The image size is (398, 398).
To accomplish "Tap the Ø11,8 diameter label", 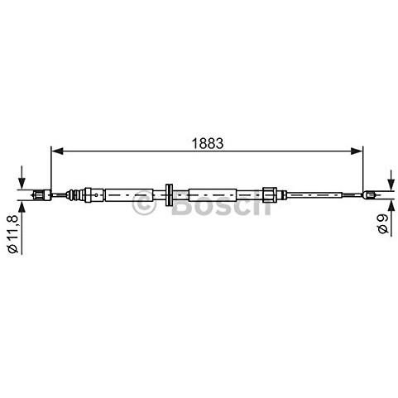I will pos(13,234).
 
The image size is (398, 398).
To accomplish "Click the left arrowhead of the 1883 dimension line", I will pos(56,151).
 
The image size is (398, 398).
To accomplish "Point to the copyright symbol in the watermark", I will pos(144,204).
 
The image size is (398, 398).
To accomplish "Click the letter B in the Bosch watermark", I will pos(183,204).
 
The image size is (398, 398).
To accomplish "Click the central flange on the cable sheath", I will pos(169,196).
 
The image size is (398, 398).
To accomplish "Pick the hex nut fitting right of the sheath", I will pos(269,196).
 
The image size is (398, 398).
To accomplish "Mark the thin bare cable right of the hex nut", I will pos(319,196).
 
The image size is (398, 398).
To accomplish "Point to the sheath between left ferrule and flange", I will pos(132,196).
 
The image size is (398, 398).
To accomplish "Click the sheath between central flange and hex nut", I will pos(219,196).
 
